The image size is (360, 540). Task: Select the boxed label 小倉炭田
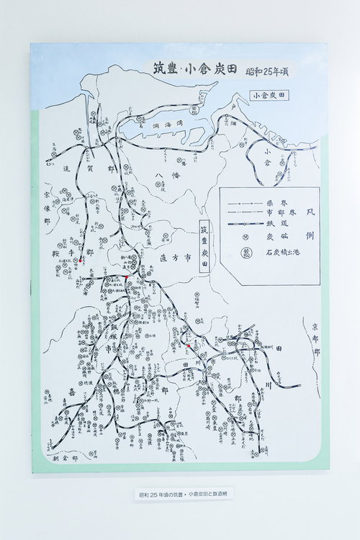[269, 94]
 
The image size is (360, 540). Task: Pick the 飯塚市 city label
[110, 336]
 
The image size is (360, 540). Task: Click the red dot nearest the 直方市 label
[125, 276]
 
